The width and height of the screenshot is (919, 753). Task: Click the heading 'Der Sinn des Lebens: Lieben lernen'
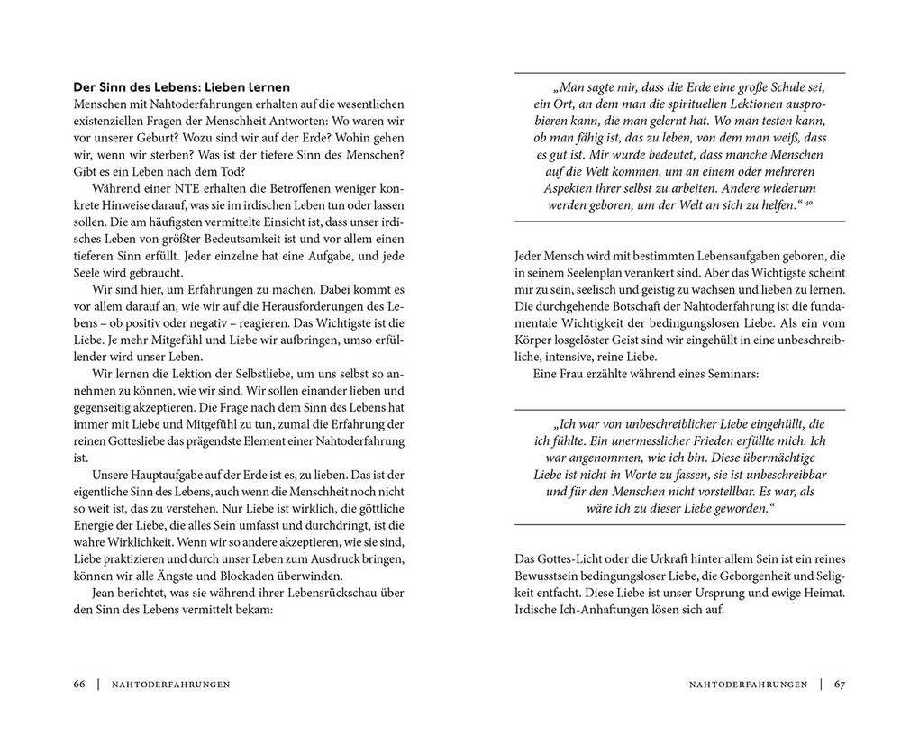tap(182, 87)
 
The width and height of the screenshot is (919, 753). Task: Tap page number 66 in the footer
tap(79, 685)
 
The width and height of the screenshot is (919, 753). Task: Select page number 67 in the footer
tap(839, 685)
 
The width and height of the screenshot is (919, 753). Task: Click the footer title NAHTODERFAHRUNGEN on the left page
tap(170, 685)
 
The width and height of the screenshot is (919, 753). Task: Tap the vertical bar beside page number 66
tap(97, 685)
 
